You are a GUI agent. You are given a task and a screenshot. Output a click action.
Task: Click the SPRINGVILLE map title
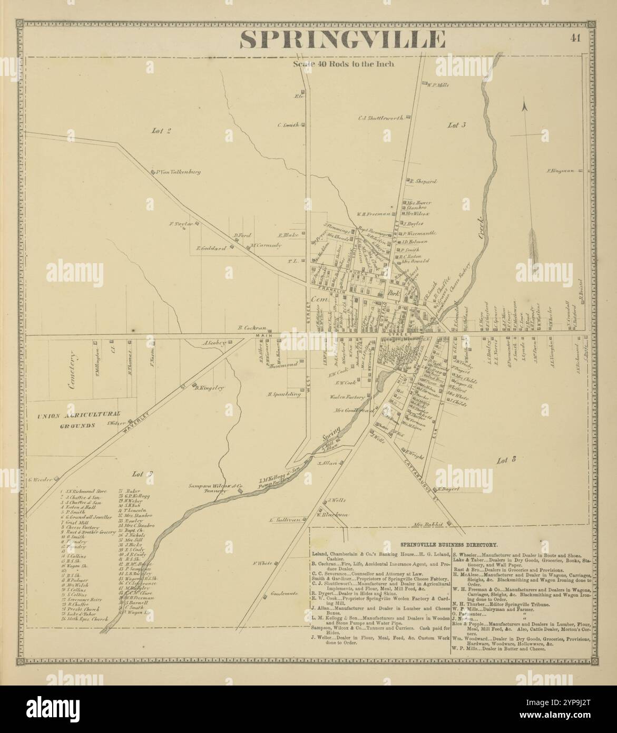[342, 40]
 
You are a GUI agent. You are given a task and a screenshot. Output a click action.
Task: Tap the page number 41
[575, 37]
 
